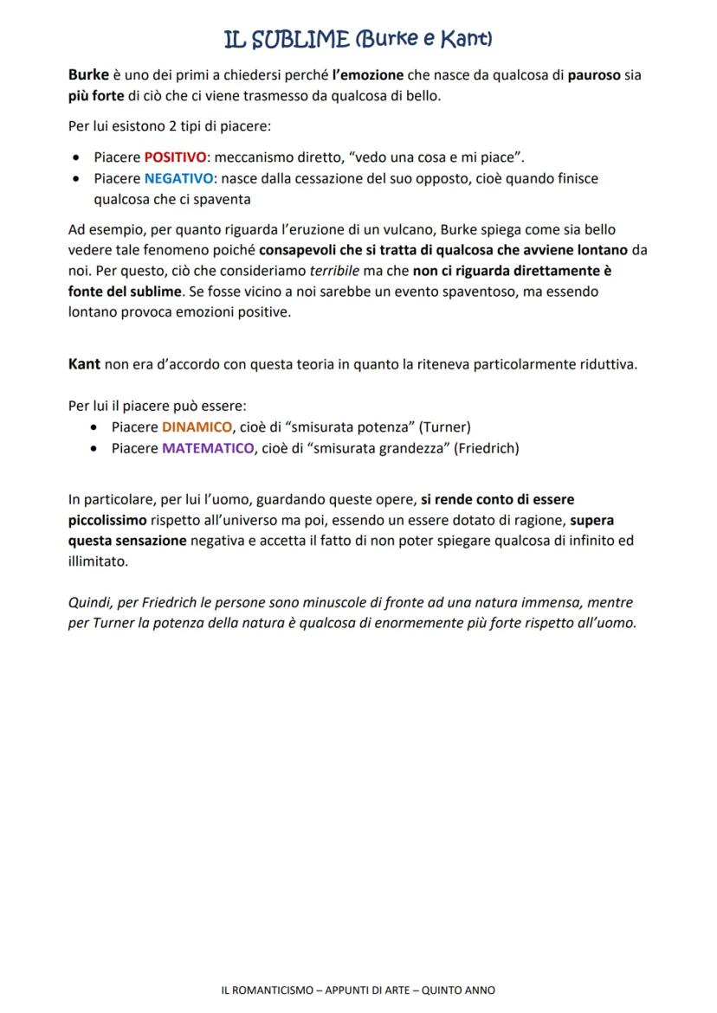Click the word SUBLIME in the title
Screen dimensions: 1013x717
(x=299, y=39)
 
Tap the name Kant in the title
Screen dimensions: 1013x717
(x=464, y=39)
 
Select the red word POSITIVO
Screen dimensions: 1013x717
(x=175, y=157)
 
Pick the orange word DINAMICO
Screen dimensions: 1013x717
(x=197, y=426)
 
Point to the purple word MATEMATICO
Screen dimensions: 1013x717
(x=208, y=448)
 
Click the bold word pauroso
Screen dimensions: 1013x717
(x=594, y=75)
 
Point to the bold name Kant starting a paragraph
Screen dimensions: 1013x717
(x=84, y=363)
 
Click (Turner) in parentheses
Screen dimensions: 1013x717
(x=444, y=426)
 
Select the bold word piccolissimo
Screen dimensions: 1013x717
(x=107, y=520)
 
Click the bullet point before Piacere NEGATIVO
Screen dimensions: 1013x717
(x=79, y=179)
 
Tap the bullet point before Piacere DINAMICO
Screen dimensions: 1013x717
(x=96, y=427)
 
